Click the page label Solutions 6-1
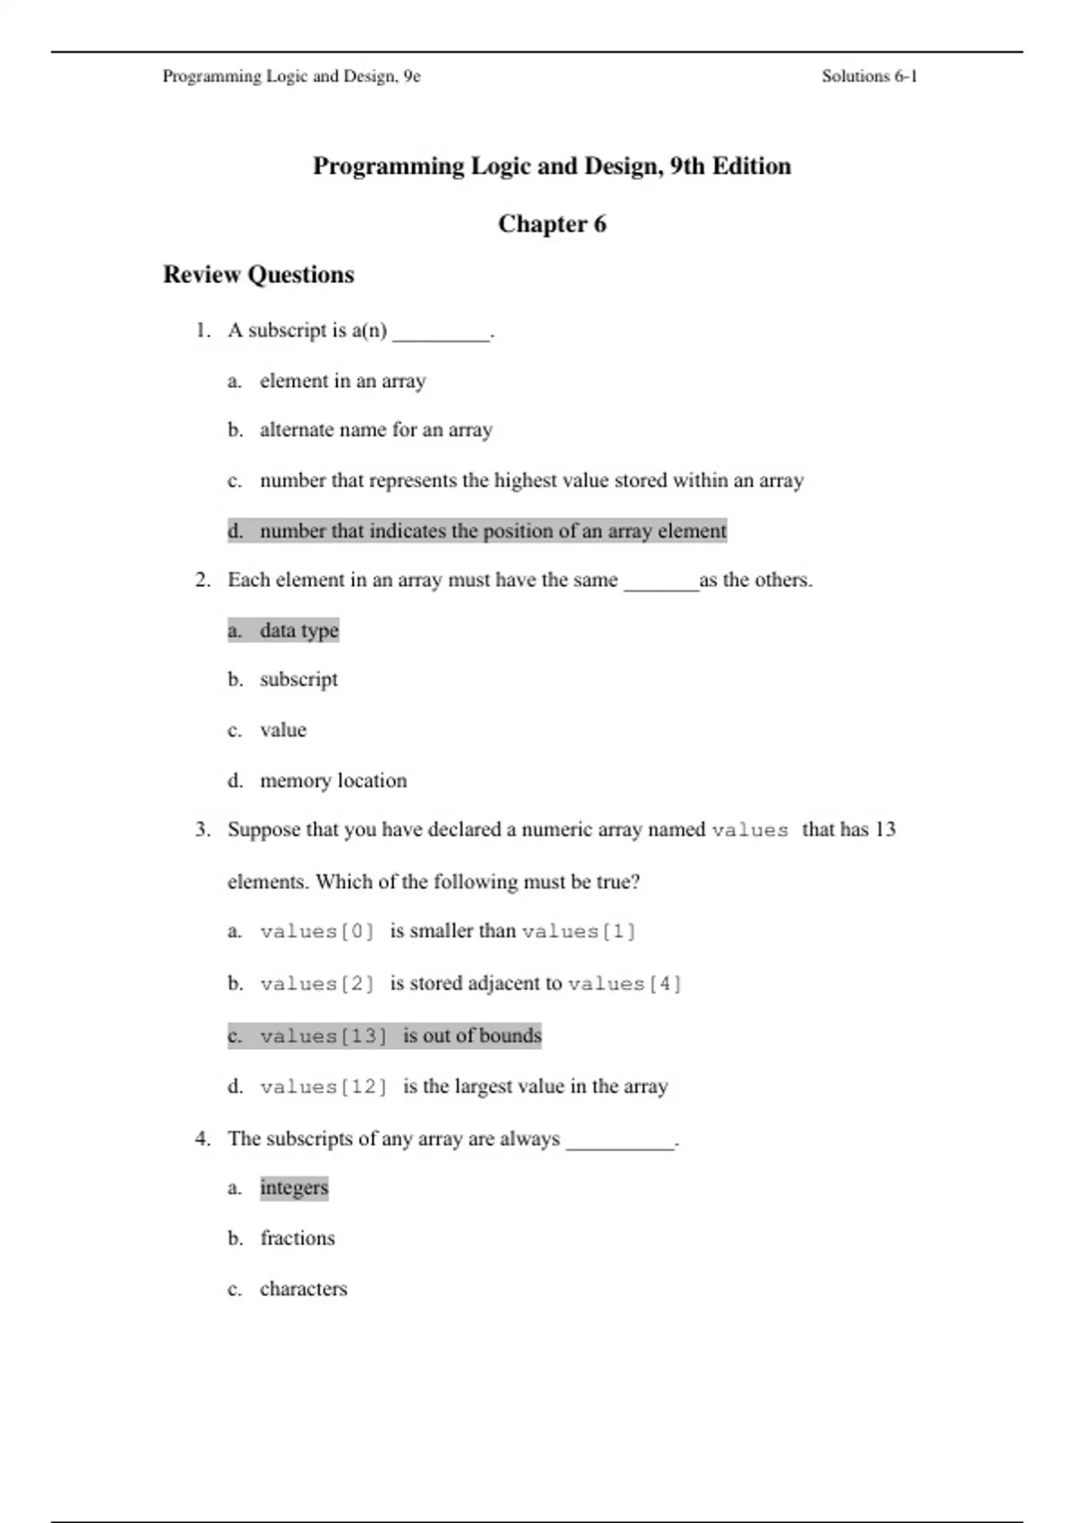869,76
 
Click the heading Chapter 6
552,224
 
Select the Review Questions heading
258,274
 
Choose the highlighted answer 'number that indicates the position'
493,531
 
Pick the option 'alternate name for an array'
376,430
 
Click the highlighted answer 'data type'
299,631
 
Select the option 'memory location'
333,781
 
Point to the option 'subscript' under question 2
298,680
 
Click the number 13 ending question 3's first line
885,830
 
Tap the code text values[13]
323,1037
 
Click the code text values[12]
323,1088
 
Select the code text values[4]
624,985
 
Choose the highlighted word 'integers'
294,1188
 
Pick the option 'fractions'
297,1239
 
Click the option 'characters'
303,1289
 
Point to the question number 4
203,1139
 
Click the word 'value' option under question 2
283,730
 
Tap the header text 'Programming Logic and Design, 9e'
291,76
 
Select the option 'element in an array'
343,381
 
